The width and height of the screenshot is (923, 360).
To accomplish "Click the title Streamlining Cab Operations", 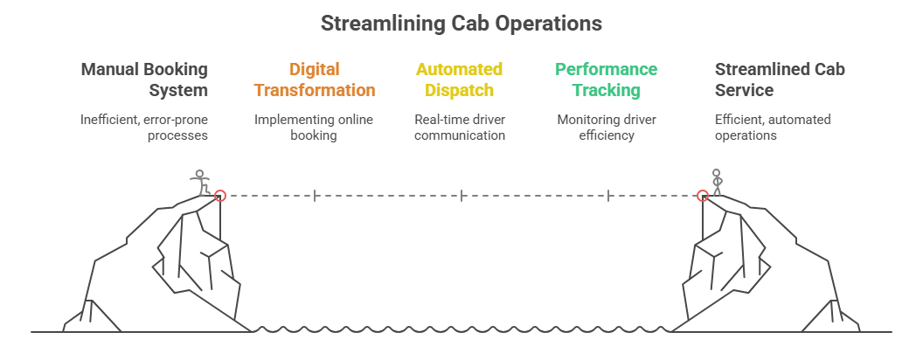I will (x=461, y=24).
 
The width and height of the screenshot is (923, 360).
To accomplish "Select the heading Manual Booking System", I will (x=145, y=80).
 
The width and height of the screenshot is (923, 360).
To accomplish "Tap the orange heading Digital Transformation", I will (x=315, y=80).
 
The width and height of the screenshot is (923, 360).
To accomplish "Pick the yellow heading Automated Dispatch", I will (x=460, y=80).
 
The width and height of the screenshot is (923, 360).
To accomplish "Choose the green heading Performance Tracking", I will (x=607, y=80).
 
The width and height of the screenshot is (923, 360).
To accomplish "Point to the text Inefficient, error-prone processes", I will (x=145, y=128).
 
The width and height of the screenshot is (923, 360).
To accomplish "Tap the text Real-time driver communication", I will (x=460, y=128).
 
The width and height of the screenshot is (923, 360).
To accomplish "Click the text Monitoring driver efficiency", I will (x=607, y=128).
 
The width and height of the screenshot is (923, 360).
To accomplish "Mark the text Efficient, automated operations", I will (x=760, y=128).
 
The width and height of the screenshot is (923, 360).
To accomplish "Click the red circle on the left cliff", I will (x=220, y=196).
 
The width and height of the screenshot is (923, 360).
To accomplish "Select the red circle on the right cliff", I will (x=702, y=196).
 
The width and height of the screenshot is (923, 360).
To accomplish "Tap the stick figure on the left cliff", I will (x=202, y=181).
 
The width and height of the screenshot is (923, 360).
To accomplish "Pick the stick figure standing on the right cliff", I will (x=718, y=182).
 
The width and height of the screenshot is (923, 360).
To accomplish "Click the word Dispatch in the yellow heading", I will (x=460, y=90).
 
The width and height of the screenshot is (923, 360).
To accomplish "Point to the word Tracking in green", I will (x=607, y=90).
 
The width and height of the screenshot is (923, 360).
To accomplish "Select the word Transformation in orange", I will (x=315, y=90).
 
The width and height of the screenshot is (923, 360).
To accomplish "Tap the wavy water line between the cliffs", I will (x=461, y=330).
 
